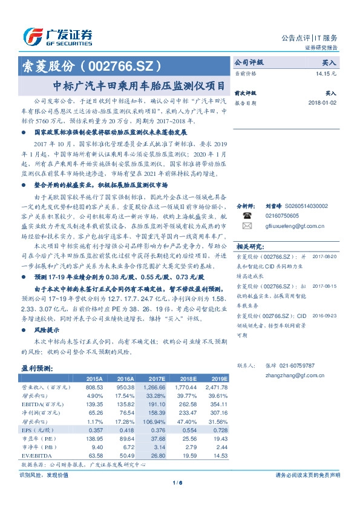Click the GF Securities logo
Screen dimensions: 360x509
point(57,36)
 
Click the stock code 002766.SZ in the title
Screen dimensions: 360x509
point(121,65)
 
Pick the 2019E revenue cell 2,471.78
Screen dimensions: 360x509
point(215,386)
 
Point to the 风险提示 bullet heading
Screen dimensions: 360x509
point(47,331)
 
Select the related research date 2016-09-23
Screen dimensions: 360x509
point(326,316)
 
